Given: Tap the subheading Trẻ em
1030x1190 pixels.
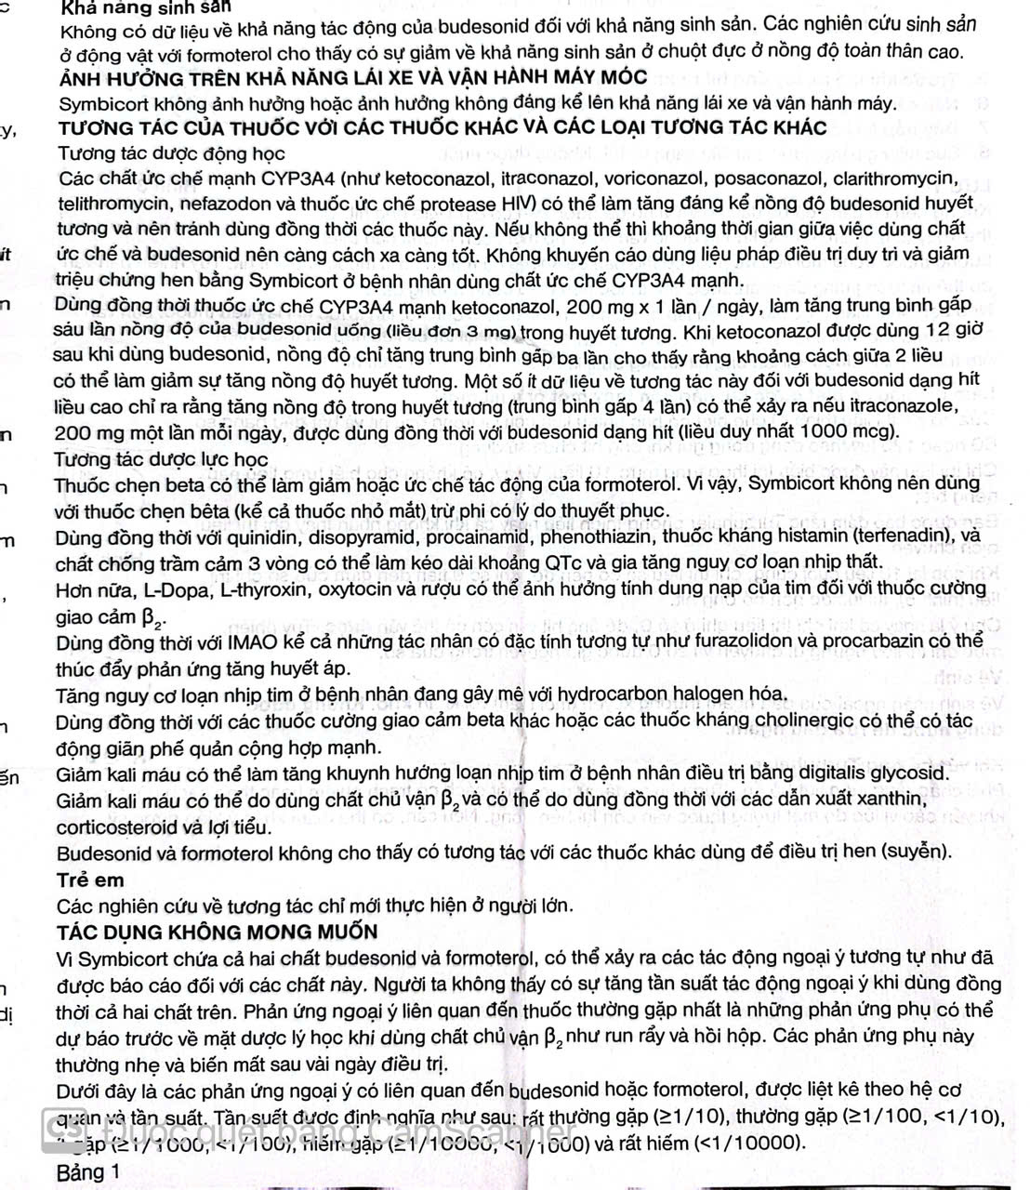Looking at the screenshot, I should (90, 880).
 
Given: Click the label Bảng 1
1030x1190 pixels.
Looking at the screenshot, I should (88, 1172).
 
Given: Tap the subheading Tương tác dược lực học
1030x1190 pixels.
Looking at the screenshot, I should (161, 459).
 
